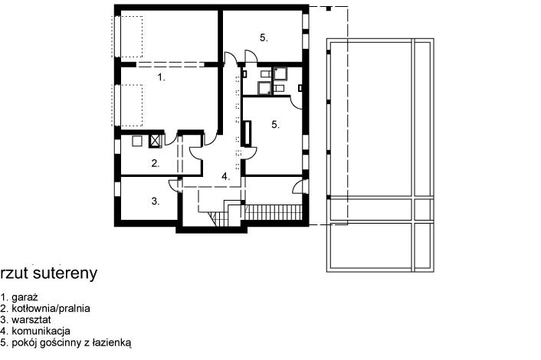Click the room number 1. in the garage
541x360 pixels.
pyautogui.click(x=161, y=77)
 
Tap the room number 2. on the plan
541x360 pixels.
pyautogui.click(x=156, y=163)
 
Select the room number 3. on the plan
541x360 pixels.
pyautogui.click(x=156, y=201)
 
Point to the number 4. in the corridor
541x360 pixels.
pyautogui.click(x=225, y=177)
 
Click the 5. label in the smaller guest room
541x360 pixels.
pyautogui.click(x=264, y=38)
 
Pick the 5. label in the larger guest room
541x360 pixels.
pyautogui.click(x=275, y=125)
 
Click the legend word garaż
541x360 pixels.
pyautogui.click(x=25, y=297)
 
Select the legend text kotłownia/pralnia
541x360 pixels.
pyautogui.click(x=51, y=308)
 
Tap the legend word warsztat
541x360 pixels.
pyautogui.click(x=31, y=319)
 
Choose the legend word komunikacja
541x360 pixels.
pyautogui.click(x=41, y=331)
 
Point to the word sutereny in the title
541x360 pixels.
pyautogui.click(x=66, y=273)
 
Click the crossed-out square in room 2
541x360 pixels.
pyautogui.click(x=156, y=141)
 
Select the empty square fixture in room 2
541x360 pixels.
pyautogui.click(x=137, y=141)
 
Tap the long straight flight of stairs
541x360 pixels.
pyautogui.click(x=273, y=212)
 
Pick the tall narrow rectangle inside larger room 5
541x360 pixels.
pyautogui.click(x=248, y=133)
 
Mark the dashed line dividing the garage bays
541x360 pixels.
pyautogui.click(x=170, y=64)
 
